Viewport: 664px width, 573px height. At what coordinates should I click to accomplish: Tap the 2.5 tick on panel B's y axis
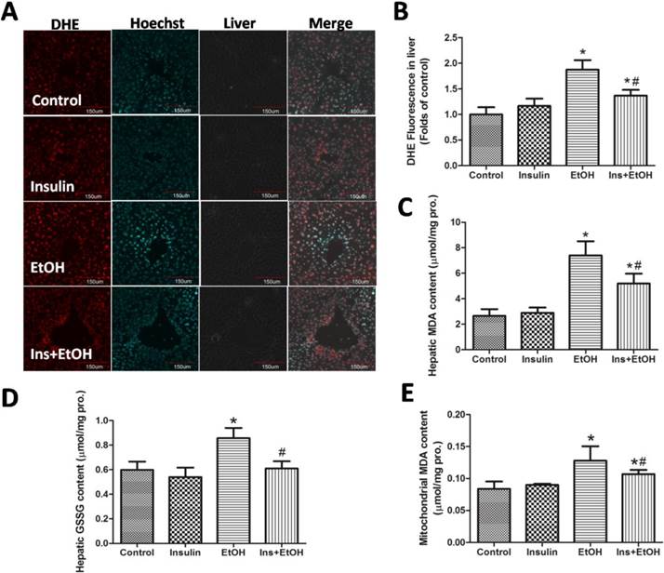click(x=449, y=38)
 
